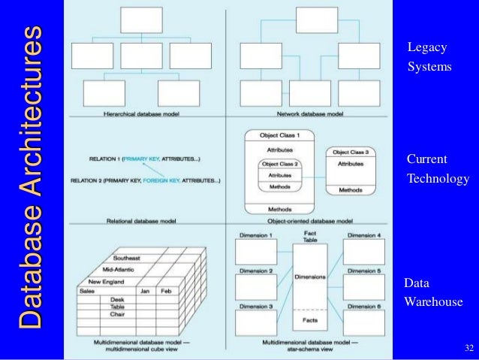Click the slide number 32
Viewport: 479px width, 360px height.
(x=469, y=348)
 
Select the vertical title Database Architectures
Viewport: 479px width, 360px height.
(x=29, y=179)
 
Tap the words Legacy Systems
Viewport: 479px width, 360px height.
(x=429, y=57)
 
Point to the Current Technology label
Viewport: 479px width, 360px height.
(x=437, y=169)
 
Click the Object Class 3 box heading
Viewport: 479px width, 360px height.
(x=351, y=152)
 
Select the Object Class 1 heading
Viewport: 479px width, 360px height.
(x=279, y=135)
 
